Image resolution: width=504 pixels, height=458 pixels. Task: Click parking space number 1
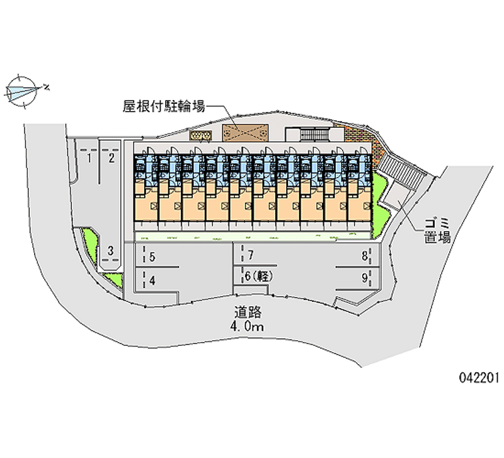90,158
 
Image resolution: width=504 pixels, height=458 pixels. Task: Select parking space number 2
112,158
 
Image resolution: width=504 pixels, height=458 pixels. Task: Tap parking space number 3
110,251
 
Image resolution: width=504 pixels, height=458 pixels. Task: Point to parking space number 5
152,256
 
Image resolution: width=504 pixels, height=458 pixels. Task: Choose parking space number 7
251,256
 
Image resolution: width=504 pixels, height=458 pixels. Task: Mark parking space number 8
364,256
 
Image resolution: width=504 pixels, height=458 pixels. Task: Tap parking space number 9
364,277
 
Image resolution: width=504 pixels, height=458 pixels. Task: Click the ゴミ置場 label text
437,230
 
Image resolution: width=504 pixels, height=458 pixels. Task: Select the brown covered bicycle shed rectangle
244,133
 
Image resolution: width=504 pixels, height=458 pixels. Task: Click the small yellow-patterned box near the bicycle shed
200,135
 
